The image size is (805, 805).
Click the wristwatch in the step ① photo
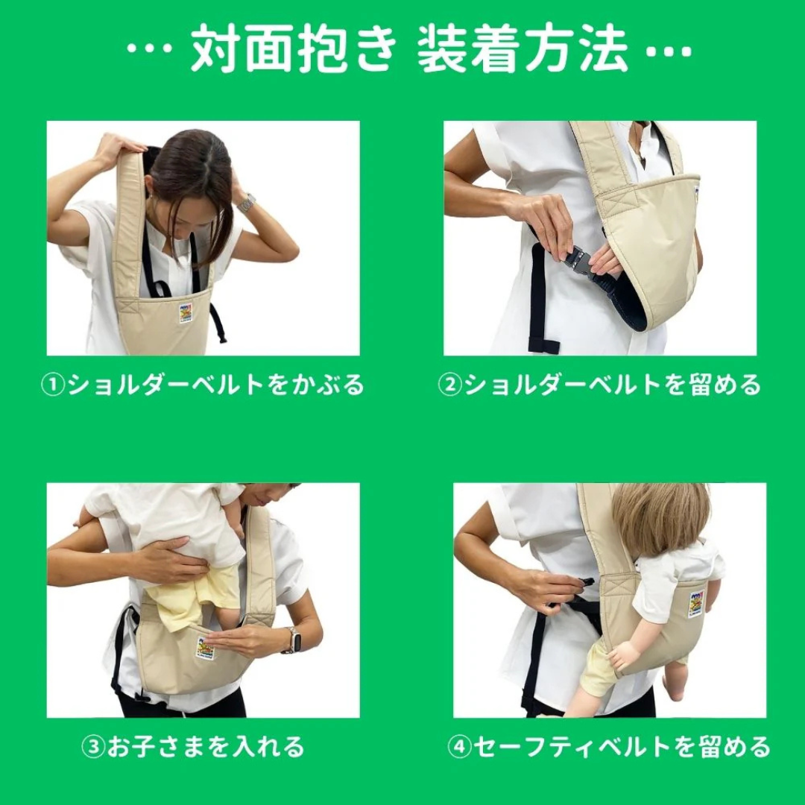(x=247, y=202)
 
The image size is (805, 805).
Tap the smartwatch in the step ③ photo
(x=293, y=640)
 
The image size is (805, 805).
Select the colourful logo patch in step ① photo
(x=186, y=312)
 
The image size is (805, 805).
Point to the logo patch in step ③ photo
(x=205, y=648)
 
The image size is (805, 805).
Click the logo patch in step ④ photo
(x=695, y=604)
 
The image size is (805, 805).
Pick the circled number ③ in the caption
(x=92, y=747)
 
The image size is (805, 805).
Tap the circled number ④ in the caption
(x=460, y=747)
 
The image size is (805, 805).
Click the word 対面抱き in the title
(x=294, y=50)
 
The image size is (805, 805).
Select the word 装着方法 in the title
(x=523, y=50)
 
